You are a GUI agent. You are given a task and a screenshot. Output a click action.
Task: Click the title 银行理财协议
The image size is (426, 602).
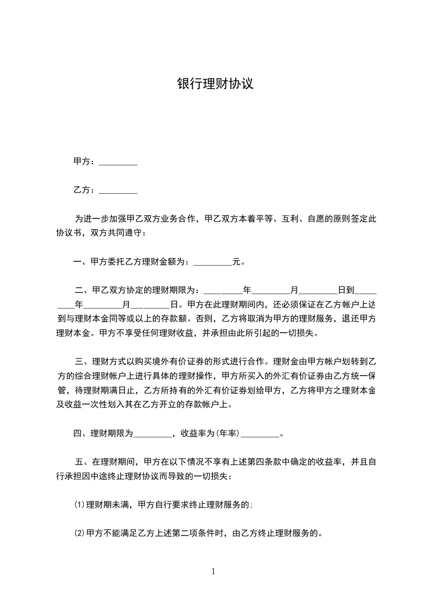[x=215, y=84]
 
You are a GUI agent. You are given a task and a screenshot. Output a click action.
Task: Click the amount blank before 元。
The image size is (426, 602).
[x=212, y=263]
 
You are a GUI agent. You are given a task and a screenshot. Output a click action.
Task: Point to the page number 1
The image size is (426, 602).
[x=213, y=571]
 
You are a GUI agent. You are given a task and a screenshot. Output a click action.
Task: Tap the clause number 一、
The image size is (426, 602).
[x=81, y=262]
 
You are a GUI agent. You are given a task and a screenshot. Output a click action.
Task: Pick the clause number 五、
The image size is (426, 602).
[x=83, y=461]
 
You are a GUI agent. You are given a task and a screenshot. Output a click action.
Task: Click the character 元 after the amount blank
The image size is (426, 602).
[x=236, y=262]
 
